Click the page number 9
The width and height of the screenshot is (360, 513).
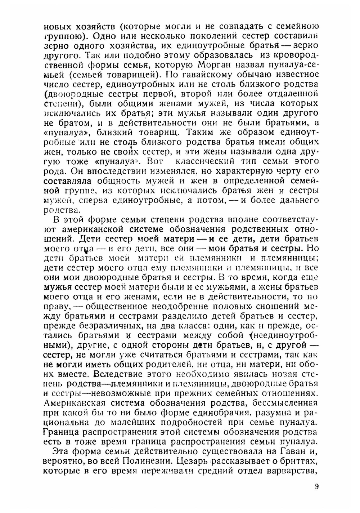point(316,487)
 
